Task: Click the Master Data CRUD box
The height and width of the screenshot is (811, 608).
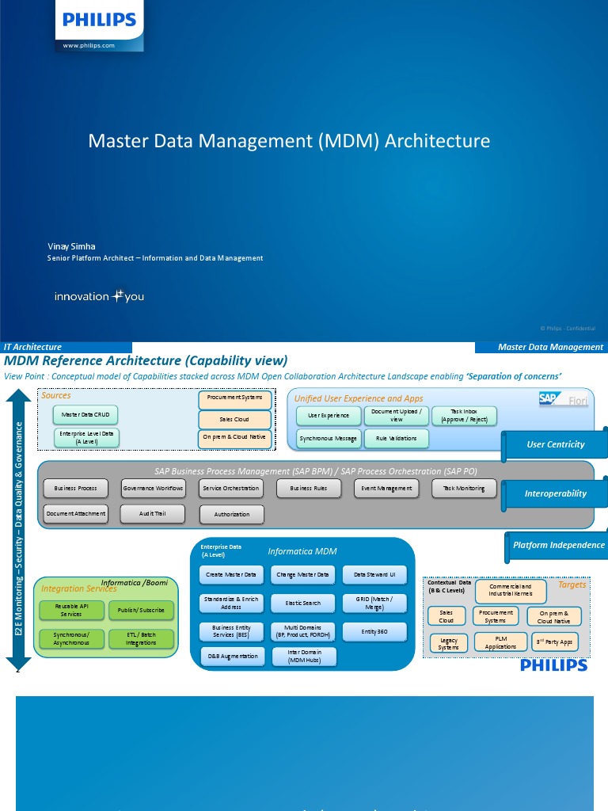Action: pos(85,414)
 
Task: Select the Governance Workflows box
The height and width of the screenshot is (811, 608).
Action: pos(154,489)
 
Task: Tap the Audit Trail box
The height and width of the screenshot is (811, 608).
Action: pos(152,514)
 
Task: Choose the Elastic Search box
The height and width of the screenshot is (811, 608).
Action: pos(303,603)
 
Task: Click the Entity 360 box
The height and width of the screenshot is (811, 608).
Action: pos(374,631)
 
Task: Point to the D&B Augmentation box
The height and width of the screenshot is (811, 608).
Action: pos(232,657)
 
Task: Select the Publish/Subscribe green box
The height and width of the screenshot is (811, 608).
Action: pos(142,611)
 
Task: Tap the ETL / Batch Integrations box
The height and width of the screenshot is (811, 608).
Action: pos(142,638)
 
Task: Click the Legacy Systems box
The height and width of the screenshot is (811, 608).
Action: pos(449,643)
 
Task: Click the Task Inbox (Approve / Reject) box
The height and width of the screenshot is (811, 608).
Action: pos(464,416)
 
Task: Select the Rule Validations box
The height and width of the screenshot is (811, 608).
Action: pos(397,439)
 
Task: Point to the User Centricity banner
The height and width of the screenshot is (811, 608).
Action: pos(556,444)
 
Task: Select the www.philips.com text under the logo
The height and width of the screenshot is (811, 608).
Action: pos(89,46)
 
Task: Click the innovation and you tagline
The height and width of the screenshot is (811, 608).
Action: pos(99,297)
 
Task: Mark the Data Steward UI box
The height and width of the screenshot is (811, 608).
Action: pos(374,574)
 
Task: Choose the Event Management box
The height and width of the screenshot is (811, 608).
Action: pos(387,489)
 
